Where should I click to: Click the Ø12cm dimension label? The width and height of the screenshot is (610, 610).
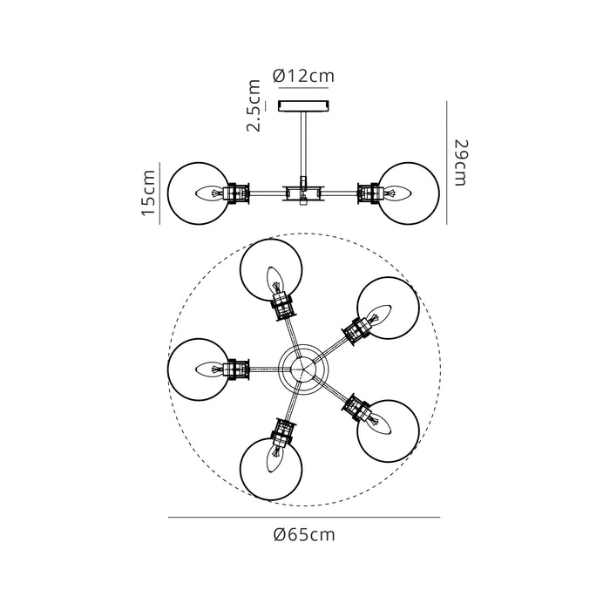click(303, 76)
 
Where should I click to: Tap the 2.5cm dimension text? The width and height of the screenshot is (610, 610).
click(254, 106)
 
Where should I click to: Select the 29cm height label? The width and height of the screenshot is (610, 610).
click(461, 161)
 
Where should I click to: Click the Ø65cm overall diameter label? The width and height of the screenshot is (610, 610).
click(303, 535)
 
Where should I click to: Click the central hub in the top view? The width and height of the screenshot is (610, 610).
click(303, 369)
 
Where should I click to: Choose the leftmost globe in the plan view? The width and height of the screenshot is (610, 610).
click(198, 369)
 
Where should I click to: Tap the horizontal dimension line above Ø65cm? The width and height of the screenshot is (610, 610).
click(303, 518)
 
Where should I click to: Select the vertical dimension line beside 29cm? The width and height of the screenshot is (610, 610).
click(446, 161)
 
